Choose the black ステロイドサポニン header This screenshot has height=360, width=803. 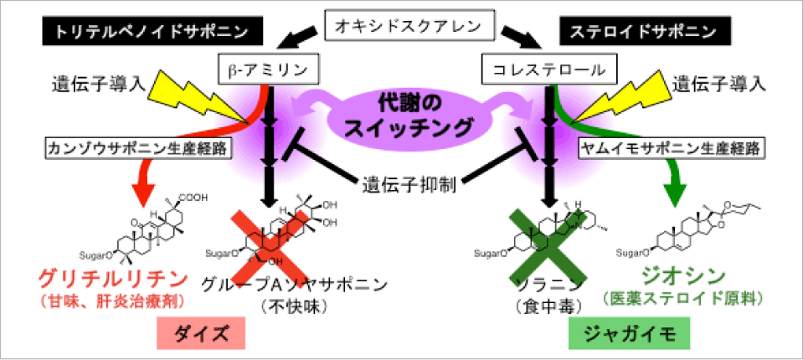[x=647, y=33]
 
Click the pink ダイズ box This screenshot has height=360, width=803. [x=201, y=333]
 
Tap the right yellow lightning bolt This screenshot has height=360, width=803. [x=607, y=98]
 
